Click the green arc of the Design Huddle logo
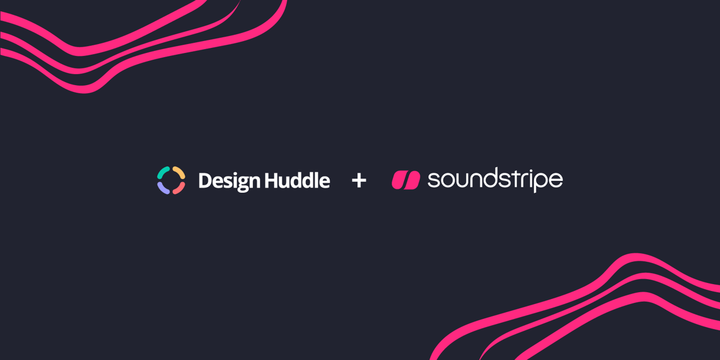click(162, 172)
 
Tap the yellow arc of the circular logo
click(180, 172)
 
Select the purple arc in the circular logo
click(162, 188)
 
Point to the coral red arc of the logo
click(180, 188)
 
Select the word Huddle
click(297, 180)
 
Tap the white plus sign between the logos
click(359, 180)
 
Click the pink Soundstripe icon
click(406, 180)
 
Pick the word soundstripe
click(495, 180)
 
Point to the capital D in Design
click(205, 180)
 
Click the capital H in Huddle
click(271, 180)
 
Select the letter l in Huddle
click(315, 180)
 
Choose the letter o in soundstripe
click(447, 182)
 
